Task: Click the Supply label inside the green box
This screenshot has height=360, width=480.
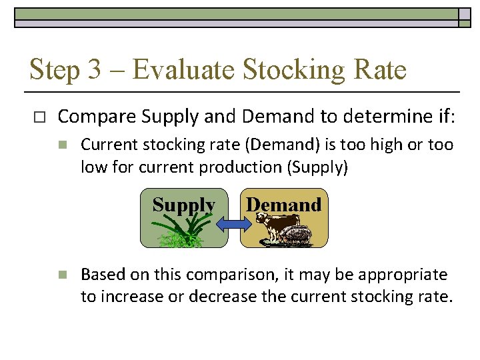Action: point(183,205)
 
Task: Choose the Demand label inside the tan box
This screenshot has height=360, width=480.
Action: point(283,204)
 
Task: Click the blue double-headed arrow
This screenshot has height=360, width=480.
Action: point(232,226)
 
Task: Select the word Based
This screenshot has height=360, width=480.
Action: point(101,275)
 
